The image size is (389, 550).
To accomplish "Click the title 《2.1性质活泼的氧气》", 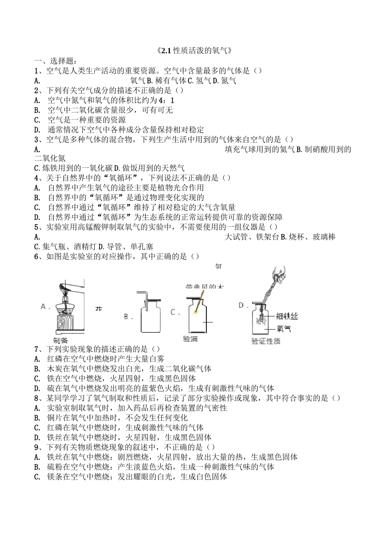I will [x=194, y=51].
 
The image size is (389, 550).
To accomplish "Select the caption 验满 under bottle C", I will [x=190, y=339].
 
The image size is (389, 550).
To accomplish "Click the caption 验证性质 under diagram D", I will [x=266, y=341].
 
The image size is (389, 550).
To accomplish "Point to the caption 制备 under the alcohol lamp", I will [x=61, y=340].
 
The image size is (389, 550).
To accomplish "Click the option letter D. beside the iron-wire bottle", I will [x=244, y=305].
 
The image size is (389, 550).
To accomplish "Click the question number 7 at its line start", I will [x=37, y=349].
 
